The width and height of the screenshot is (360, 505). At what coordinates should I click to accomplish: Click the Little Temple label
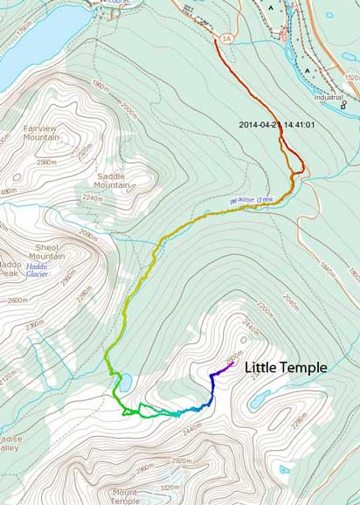[x=285, y=368]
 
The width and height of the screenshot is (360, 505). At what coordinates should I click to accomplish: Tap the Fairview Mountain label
[x=41, y=132]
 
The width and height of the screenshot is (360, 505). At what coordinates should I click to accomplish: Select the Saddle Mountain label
[x=113, y=180]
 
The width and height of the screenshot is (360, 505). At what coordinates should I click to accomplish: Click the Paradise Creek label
[x=252, y=200]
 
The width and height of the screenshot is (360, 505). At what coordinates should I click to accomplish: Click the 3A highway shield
[x=226, y=38]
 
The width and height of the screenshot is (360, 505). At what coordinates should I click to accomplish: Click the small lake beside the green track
[x=126, y=382]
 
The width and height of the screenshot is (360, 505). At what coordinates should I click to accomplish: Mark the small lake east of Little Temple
[x=260, y=400]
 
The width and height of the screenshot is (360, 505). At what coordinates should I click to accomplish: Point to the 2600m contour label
[x=17, y=301]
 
